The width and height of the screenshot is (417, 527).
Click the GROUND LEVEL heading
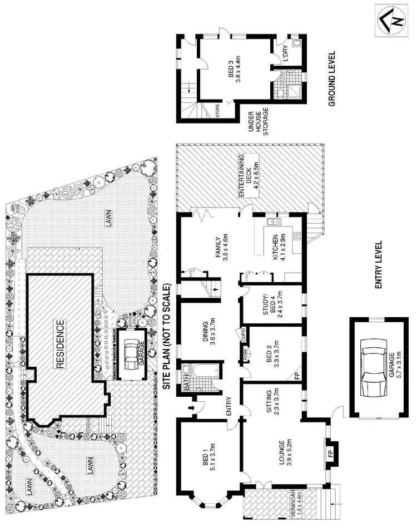(332, 79)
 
